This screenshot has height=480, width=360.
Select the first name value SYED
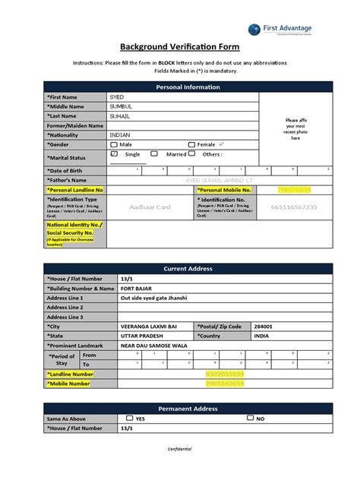(118, 98)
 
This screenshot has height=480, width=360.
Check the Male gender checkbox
(114, 144)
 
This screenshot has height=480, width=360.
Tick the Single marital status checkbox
(115, 153)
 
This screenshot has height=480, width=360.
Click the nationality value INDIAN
(120, 134)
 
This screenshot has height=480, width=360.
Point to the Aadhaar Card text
(151, 207)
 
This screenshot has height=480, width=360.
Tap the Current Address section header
(188, 269)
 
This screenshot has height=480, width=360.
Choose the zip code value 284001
(264, 325)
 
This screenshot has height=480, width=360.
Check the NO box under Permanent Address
(251, 418)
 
